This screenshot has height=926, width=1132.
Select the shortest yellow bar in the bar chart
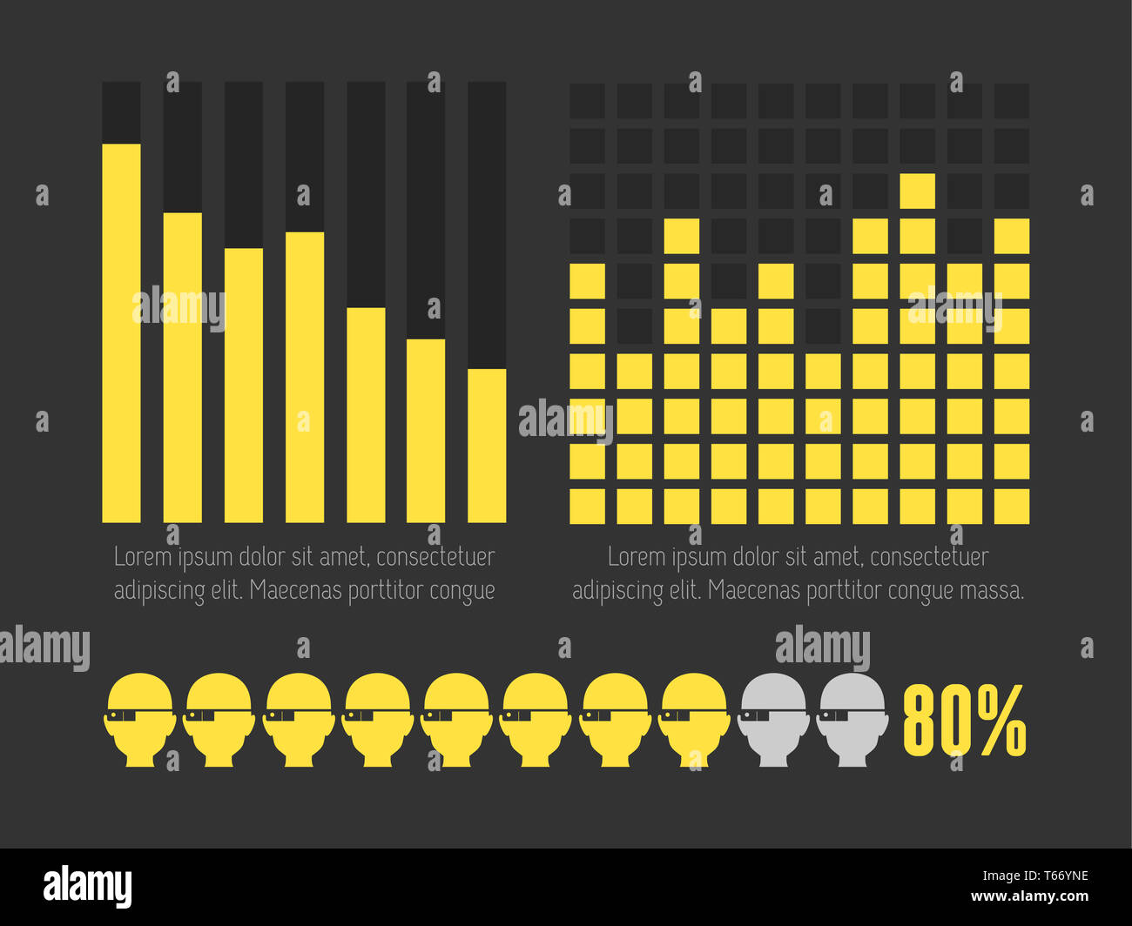(487, 446)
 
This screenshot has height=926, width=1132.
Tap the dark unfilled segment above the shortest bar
(487, 225)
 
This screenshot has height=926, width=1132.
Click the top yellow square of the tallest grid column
(917, 191)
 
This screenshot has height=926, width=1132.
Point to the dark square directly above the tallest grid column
(917, 145)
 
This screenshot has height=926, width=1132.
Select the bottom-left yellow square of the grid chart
(587, 507)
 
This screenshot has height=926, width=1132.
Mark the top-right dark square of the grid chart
(1011, 101)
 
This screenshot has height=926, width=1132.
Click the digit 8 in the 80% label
(923, 720)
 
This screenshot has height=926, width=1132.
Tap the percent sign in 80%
(1001, 720)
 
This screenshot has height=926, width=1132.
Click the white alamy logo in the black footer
(87, 886)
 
